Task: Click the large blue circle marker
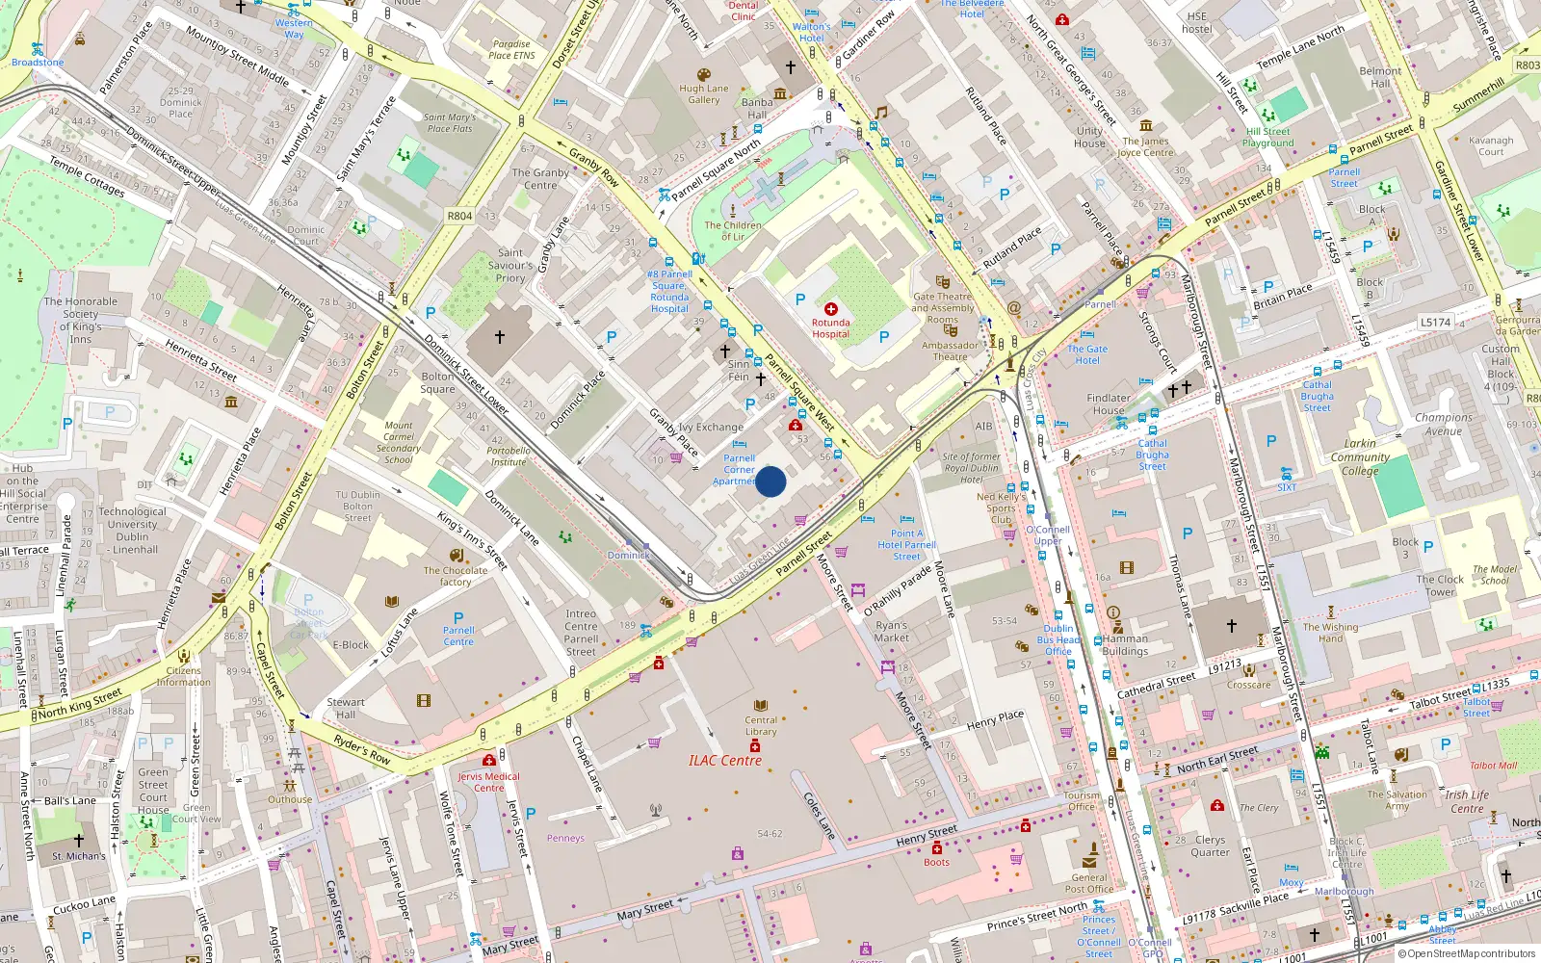click(x=770, y=481)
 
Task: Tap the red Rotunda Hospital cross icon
click(x=830, y=309)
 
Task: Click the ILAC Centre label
click(x=724, y=761)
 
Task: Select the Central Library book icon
click(x=761, y=706)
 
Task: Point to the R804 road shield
click(x=459, y=216)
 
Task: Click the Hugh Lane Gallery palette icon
click(x=704, y=75)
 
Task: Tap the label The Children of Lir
click(x=733, y=231)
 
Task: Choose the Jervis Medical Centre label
click(x=488, y=782)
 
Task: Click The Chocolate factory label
click(x=456, y=576)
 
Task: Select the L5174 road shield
click(x=1435, y=322)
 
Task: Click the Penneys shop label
click(x=565, y=838)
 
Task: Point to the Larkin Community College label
click(x=1360, y=457)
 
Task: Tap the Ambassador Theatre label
click(x=950, y=351)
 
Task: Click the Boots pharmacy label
click(x=936, y=862)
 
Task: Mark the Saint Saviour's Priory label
click(x=510, y=266)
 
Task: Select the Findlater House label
click(x=1109, y=403)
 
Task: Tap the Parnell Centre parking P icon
click(x=458, y=618)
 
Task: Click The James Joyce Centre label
click(x=1145, y=146)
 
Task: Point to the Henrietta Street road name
click(x=200, y=359)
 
